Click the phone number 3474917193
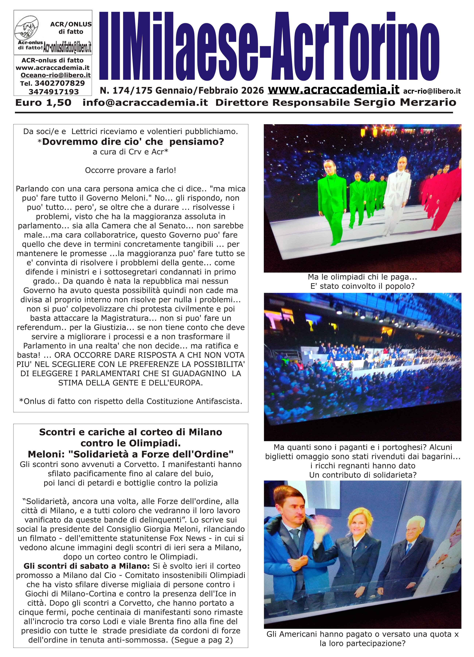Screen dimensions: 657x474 [x=54, y=92]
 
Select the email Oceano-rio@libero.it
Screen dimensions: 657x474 [x=56, y=75]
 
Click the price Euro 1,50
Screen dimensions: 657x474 [x=43, y=103]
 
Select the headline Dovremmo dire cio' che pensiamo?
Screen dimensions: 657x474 [x=133, y=142]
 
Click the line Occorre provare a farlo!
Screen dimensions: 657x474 [x=131, y=170]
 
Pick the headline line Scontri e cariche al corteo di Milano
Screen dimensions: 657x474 [x=131, y=432]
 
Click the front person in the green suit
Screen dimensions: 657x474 [x=333, y=200]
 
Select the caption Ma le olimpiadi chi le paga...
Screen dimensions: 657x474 [x=362, y=277]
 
